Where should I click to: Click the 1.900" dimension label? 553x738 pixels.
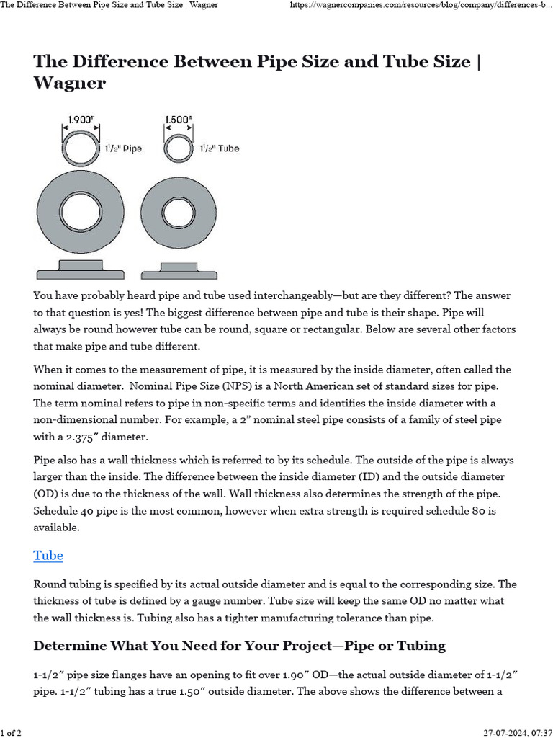click(80, 119)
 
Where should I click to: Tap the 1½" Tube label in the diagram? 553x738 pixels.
click(218, 148)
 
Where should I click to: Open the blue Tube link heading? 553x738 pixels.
click(48, 555)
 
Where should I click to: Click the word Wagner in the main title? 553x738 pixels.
click(69, 83)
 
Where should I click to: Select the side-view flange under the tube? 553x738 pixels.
click(179, 270)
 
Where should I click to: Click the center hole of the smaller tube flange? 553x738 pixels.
click(179, 213)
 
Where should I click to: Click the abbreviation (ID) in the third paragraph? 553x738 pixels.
click(325, 476)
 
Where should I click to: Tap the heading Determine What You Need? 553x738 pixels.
click(239, 645)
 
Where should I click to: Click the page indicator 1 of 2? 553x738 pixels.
click(11, 732)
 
